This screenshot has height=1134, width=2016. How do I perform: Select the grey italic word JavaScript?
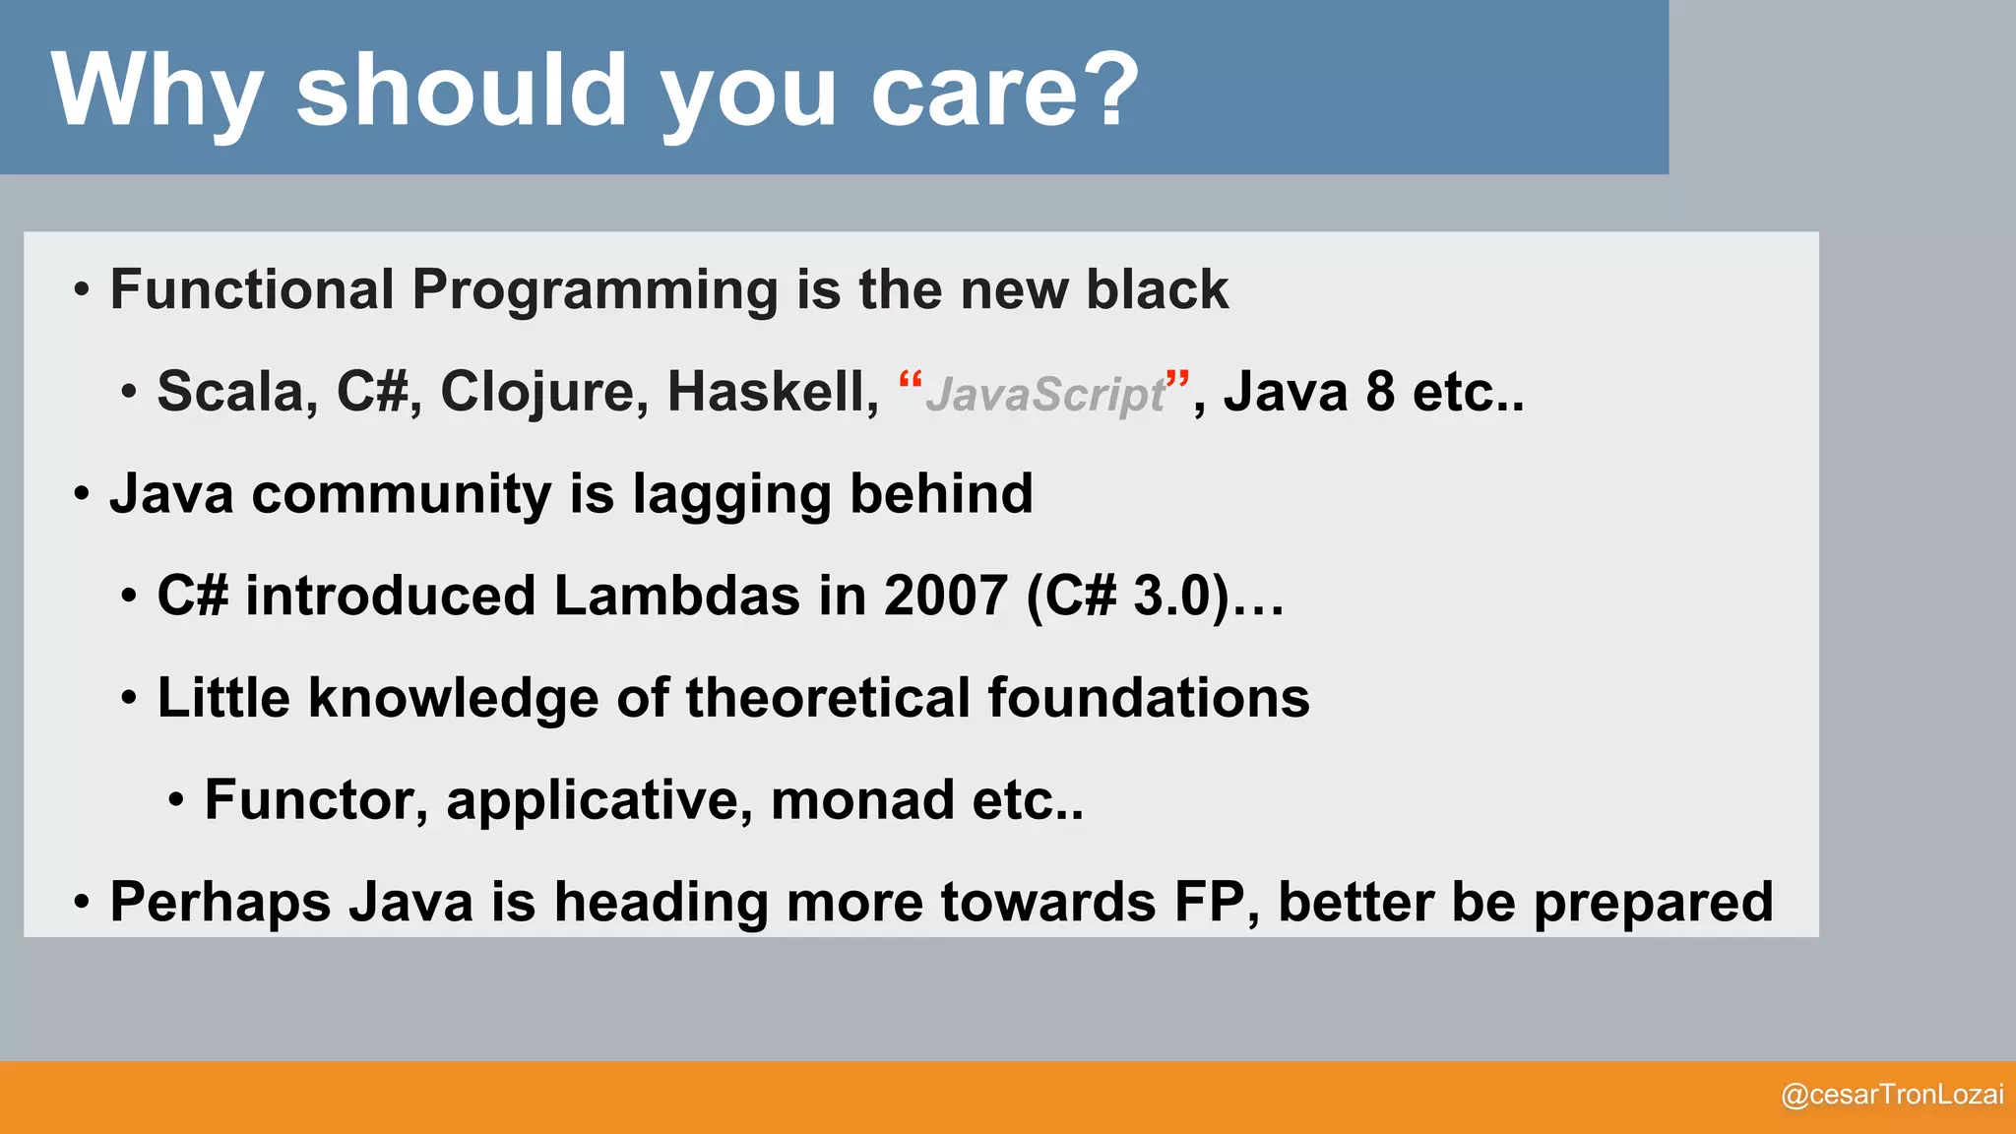click(1045, 396)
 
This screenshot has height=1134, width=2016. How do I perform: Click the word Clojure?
click(543, 392)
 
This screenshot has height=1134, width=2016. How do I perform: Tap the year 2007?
click(945, 597)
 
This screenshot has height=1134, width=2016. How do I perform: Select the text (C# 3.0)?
click(1127, 597)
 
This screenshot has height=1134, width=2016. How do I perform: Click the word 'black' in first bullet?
click(1157, 290)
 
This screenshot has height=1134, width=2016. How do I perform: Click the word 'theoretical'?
click(828, 698)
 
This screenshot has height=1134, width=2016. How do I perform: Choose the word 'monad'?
click(862, 799)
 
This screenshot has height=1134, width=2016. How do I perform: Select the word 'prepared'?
click(1653, 904)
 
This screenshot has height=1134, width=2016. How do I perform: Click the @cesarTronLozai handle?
click(1892, 1095)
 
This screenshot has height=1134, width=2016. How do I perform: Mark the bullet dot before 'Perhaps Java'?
click(83, 903)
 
